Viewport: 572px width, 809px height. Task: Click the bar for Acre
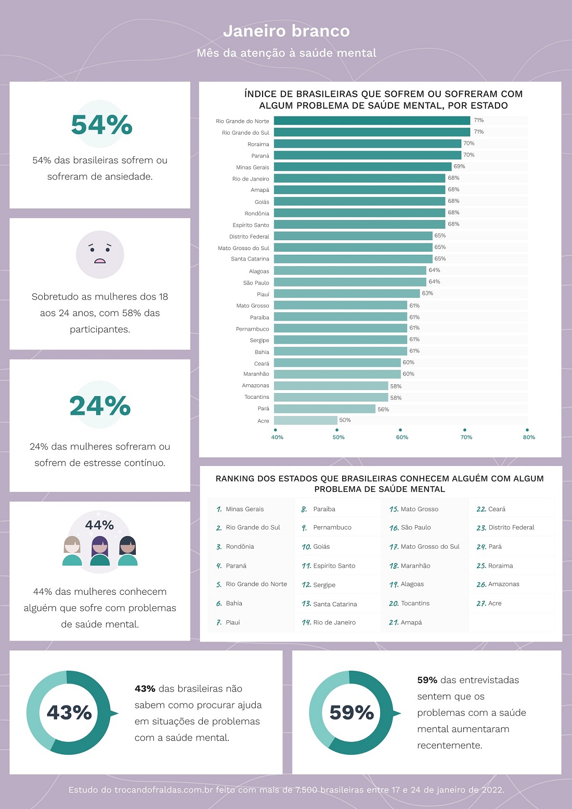coord(306,421)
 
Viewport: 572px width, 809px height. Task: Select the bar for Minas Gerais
coord(362,167)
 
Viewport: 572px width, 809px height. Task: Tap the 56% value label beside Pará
coord(383,410)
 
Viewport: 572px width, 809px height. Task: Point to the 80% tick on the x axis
coord(528,437)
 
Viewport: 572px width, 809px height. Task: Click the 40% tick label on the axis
coord(277,437)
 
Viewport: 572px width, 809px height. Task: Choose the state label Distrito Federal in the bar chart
coord(249,237)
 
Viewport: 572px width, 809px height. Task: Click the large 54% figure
coord(101,125)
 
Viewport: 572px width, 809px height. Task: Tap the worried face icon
coord(100,254)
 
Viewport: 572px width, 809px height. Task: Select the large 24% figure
coord(100,406)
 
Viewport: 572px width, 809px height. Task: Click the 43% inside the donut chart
coord(69,712)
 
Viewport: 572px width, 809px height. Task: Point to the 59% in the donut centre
coord(352,712)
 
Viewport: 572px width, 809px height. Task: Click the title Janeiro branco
coord(286,31)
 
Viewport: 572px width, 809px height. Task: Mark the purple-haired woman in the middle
coord(100,551)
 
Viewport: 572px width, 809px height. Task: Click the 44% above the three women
coord(99,525)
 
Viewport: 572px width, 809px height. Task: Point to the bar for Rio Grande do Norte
coord(372,121)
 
